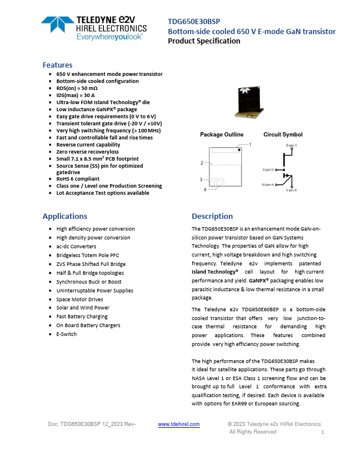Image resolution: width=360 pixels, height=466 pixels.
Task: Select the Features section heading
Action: pos(58,65)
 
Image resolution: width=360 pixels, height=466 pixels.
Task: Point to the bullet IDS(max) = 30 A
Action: pos(75,95)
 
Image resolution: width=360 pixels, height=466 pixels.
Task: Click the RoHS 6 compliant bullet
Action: pos(78,179)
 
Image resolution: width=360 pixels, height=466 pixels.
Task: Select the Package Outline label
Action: pos(221,135)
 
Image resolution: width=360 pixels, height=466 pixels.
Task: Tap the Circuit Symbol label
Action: pos(283,135)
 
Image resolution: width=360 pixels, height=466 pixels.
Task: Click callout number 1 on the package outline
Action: pos(250,144)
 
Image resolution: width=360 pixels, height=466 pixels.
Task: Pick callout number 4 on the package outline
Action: pos(205,189)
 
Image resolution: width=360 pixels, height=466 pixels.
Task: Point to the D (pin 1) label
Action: pos(292,145)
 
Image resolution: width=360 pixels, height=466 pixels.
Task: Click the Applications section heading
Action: pos(65,216)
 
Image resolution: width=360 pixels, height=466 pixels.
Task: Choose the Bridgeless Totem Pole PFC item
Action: pos(88,255)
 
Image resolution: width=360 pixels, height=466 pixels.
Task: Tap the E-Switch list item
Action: pos(66,334)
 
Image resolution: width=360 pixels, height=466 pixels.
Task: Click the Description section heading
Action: pos(212,216)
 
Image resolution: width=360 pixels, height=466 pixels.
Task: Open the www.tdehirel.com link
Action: pos(179,424)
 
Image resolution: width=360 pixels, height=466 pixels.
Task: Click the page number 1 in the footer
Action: pos(322,432)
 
